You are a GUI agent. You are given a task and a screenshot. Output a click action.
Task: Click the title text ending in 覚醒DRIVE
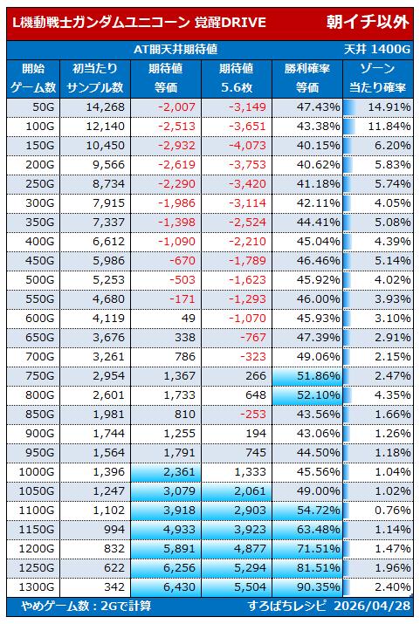pyautogui.click(x=140, y=23)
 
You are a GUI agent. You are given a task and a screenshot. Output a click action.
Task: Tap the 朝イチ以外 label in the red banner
pyautogui.click(x=368, y=22)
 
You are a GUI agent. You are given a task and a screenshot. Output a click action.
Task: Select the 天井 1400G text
pyautogui.click(x=376, y=50)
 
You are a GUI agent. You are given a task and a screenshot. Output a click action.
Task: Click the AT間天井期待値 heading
pyautogui.click(x=176, y=50)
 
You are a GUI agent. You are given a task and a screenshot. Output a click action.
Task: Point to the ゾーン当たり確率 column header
pyautogui.click(x=377, y=78)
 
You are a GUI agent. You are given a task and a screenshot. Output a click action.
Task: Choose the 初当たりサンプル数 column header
pyautogui.click(x=95, y=78)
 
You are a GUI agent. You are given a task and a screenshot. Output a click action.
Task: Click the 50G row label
pyautogui.click(x=40, y=107)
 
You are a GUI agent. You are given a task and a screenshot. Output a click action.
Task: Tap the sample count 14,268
pyautogui.click(x=105, y=107)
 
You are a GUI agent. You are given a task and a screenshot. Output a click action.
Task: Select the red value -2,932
pyautogui.click(x=176, y=146)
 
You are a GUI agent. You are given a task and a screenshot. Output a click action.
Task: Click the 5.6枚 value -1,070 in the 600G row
pyautogui.click(x=247, y=319)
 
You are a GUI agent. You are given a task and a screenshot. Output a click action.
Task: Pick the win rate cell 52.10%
pyautogui.click(x=318, y=395)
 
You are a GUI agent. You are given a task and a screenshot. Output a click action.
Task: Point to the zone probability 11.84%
pyautogui.click(x=389, y=127)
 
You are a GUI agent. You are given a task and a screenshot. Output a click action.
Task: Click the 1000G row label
pyautogui.click(x=37, y=472)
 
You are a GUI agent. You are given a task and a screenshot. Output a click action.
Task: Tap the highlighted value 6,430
pyautogui.click(x=180, y=587)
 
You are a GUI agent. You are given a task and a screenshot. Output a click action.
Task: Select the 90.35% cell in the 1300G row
pyautogui.click(x=318, y=587)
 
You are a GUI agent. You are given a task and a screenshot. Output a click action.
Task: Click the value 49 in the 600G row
pyautogui.click(x=189, y=319)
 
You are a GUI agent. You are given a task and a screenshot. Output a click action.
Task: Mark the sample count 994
pyautogui.click(x=114, y=530)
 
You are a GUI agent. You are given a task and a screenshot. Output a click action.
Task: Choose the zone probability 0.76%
pyautogui.click(x=392, y=511)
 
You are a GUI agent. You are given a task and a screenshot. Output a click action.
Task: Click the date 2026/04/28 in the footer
pyautogui.click(x=372, y=606)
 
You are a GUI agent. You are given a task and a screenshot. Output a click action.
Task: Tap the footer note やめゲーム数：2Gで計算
pyautogui.click(x=86, y=606)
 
